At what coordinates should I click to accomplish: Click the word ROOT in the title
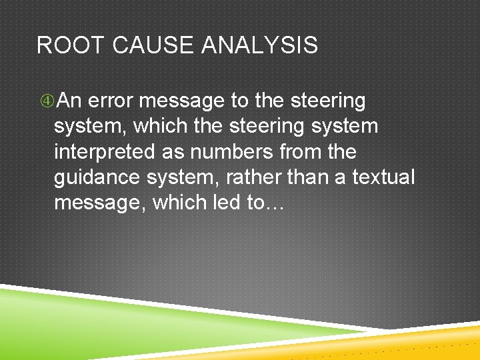point(69,45)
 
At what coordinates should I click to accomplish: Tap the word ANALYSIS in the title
point(259,45)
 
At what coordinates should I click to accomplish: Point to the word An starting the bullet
point(70,101)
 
